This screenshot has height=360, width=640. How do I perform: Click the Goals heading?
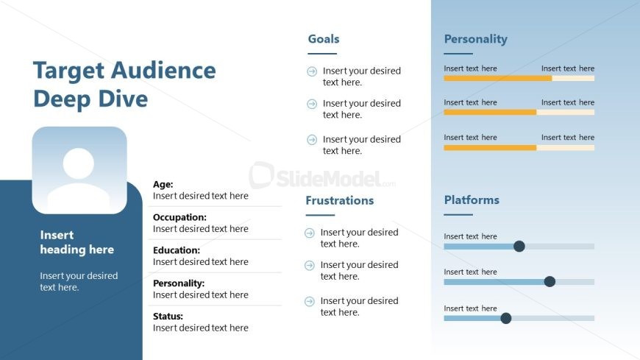[324, 39]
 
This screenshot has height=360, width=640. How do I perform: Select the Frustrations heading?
[340, 200]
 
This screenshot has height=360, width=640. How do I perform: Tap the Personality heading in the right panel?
[475, 39]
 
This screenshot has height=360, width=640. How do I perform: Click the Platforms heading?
[472, 200]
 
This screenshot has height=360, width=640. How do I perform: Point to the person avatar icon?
[79, 170]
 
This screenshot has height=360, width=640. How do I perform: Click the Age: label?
[163, 185]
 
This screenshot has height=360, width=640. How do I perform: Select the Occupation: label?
[179, 217]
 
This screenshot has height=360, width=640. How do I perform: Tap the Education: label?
[177, 250]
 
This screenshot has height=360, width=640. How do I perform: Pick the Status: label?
[168, 317]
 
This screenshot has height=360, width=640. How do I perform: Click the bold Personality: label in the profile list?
[179, 283]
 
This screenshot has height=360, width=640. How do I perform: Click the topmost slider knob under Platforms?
[519, 246]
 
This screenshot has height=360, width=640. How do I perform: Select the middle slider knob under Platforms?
[550, 281]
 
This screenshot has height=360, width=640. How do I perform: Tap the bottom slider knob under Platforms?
[505, 318]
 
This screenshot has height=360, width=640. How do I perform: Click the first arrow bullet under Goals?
[312, 71]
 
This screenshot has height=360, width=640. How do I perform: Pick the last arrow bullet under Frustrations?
[310, 301]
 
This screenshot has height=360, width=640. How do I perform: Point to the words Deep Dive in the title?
[90, 99]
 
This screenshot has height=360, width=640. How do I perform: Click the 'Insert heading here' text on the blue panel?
[77, 242]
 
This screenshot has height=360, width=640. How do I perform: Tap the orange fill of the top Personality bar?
[497, 77]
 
